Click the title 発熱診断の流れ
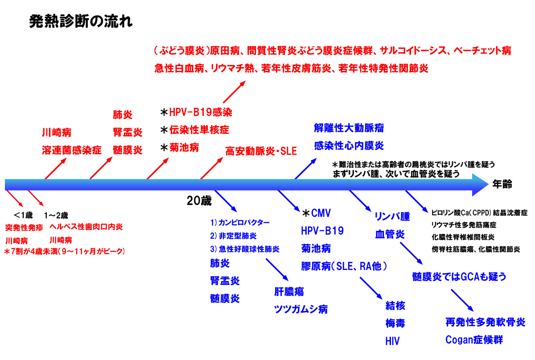[x=80, y=22]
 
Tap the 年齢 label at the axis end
[x=502, y=184]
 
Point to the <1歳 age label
[x=23, y=215]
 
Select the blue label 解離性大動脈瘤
[x=349, y=128]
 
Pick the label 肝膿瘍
[x=289, y=292]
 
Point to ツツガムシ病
[x=301, y=309]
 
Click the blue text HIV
[x=392, y=341]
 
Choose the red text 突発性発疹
[x=24, y=227]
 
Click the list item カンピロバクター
[x=245, y=222]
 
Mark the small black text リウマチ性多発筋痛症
[x=464, y=225]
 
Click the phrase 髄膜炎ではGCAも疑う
[x=459, y=277]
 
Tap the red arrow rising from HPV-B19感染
[x=234, y=93]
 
